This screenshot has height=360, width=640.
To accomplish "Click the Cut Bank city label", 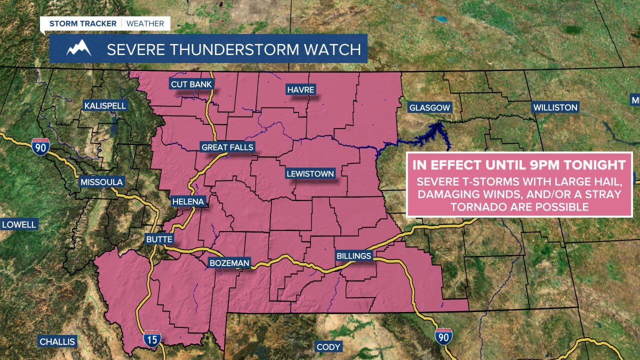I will click(191, 84).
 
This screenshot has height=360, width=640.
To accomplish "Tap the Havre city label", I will click(300, 90).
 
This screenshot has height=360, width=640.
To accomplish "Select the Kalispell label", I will click(105, 106).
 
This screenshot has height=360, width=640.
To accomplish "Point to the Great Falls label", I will click(227, 147).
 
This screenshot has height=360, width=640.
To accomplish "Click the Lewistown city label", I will click(310, 174).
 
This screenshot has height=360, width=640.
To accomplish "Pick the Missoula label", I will click(101, 182).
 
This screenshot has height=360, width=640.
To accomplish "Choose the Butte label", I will click(159, 239).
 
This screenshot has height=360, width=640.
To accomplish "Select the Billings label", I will click(354, 256).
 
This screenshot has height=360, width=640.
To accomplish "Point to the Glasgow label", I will click(429, 107).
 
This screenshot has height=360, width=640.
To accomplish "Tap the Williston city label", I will click(555, 107).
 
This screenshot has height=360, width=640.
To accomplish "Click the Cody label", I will click(328, 347).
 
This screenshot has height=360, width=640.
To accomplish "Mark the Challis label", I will click(57, 342).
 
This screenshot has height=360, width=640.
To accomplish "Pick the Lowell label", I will click(19, 224).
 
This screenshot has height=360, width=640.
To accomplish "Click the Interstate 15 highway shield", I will click(152, 338).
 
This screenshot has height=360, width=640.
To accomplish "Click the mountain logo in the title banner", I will click(79, 48).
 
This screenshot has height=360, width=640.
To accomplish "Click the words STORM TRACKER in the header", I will click(82, 23).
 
